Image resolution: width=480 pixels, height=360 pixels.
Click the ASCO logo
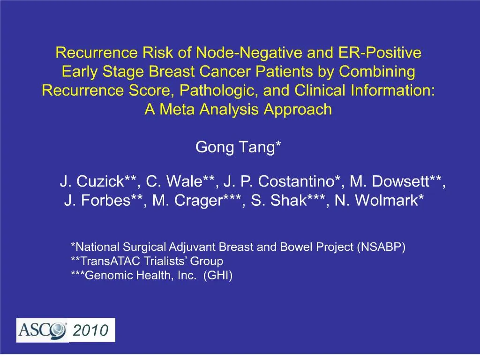[42, 330]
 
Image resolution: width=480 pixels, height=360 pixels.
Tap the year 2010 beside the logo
[91, 331]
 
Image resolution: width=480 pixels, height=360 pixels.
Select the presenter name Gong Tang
[237, 147]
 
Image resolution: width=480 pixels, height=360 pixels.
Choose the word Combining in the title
[377, 72]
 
